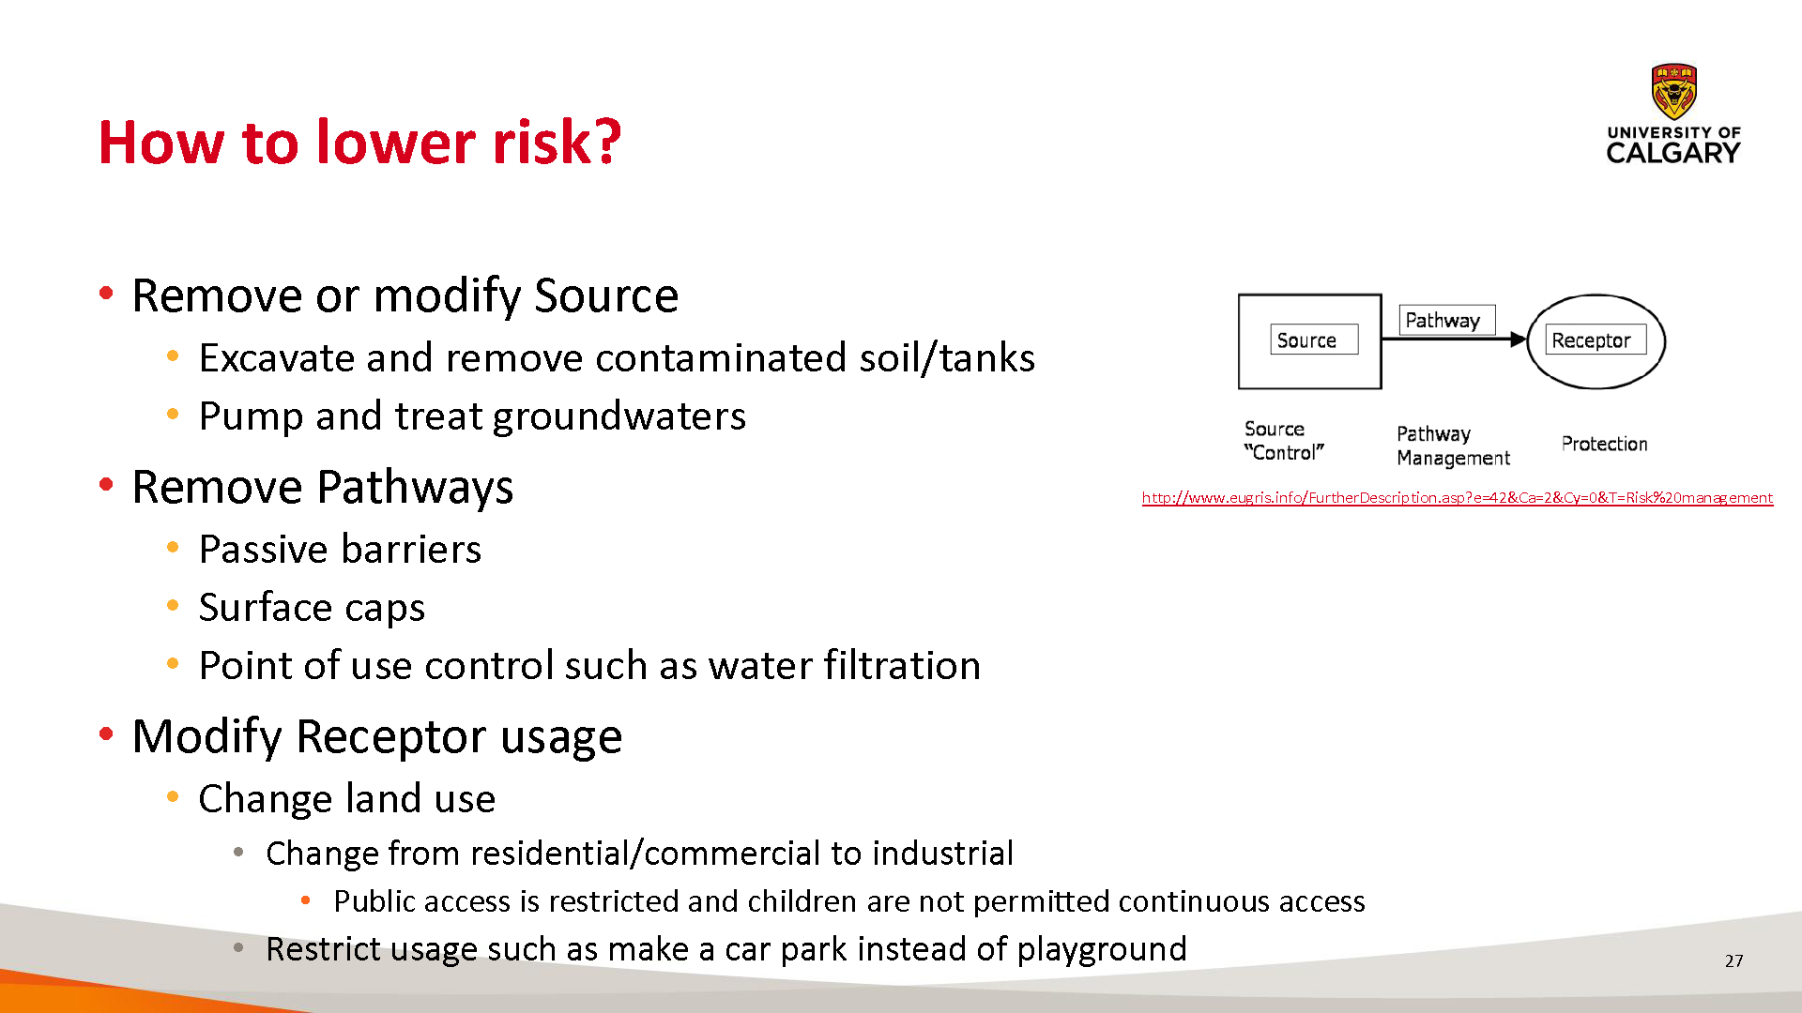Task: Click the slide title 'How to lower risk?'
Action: point(359,143)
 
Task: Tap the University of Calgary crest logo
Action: point(1673,91)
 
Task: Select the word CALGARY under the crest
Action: point(1673,153)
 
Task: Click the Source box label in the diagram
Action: point(1314,340)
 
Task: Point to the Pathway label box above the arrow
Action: point(1447,320)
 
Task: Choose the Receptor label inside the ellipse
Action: point(1596,340)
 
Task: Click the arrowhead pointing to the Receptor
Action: point(1519,340)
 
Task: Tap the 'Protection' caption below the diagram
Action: point(1604,444)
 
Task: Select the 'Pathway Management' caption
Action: point(1453,446)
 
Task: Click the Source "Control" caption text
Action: point(1283,441)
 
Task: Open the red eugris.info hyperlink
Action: point(1458,498)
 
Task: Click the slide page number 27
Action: point(1733,960)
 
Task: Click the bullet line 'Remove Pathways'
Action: point(323,487)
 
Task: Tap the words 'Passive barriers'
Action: point(340,549)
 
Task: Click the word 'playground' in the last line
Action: point(1102,949)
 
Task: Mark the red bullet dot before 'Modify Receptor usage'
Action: point(106,733)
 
